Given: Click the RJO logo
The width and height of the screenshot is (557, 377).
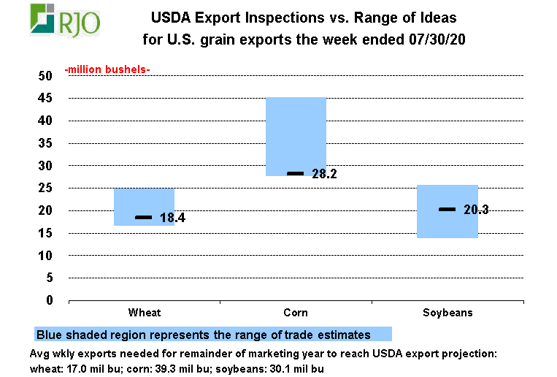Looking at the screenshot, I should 65,20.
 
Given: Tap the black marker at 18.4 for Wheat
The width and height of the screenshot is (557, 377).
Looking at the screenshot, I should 144,218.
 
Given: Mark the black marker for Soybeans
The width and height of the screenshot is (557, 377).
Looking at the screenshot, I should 447,210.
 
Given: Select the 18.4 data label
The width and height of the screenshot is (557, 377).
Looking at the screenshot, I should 172,218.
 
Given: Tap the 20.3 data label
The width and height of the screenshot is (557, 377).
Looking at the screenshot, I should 475,210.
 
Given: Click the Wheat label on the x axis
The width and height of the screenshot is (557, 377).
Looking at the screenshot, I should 144,313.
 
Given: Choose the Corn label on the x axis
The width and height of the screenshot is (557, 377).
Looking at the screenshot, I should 296,313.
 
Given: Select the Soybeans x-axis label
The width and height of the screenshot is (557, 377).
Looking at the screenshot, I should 447,313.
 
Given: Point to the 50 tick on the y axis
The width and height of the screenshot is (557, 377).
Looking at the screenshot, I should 45,76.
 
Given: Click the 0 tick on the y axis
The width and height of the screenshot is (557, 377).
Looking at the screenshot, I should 50,300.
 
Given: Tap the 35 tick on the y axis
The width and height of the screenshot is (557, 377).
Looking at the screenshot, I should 45,143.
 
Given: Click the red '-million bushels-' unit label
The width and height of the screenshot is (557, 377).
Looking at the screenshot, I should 107,69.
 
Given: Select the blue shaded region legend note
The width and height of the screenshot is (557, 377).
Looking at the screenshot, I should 212,334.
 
